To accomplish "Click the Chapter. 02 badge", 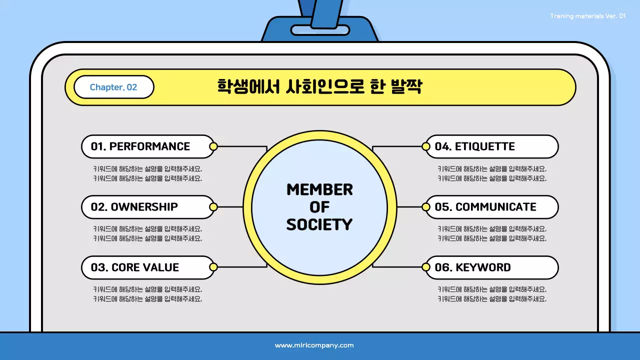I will coord(113,87).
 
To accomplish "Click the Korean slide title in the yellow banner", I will coord(319,86).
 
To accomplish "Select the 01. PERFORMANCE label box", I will coord(147,146).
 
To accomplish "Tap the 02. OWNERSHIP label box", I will coord(147,207).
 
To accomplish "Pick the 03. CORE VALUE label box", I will coord(147,267).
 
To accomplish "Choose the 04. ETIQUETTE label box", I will coord(492,146).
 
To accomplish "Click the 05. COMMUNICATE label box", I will coord(492,207).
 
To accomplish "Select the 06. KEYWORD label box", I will coord(492,267).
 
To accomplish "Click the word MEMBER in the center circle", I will coord(319,190).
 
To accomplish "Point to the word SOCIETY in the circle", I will coord(319,224).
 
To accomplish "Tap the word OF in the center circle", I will coord(319,207).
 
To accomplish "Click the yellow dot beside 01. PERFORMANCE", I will coord(213,146).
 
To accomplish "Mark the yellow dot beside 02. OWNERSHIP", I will coord(213,207).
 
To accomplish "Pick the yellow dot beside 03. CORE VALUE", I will coord(213,267).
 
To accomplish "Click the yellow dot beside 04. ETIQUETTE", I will coord(426,146).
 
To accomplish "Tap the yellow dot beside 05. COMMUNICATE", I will coord(426,207).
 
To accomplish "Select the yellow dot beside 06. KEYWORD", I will coord(426,267).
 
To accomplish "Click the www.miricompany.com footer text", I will coord(314,345).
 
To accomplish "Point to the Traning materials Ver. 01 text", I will coord(587,16).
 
